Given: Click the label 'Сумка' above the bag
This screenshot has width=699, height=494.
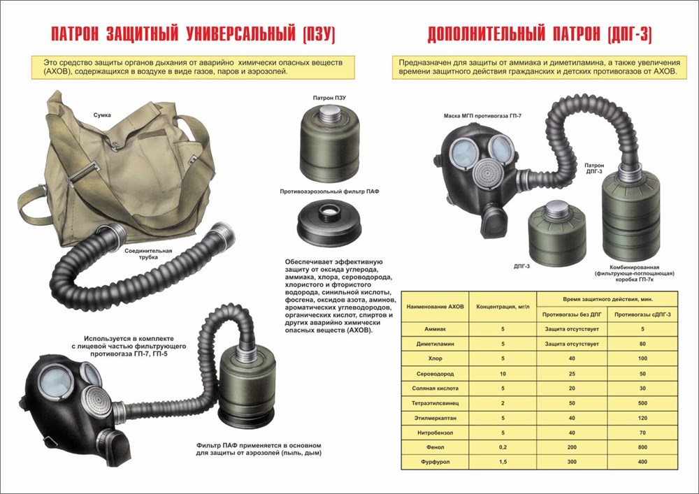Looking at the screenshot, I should pos(103,113).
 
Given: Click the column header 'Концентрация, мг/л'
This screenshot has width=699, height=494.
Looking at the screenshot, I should pos(503,307).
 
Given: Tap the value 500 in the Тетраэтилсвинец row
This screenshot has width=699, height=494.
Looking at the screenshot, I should pos(642,404).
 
